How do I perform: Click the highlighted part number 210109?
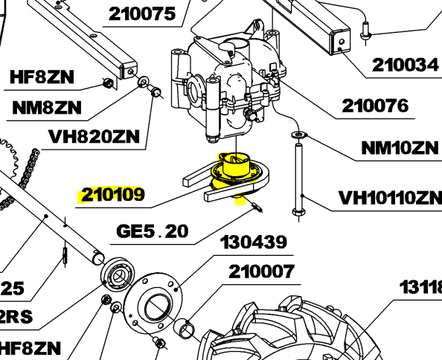[x=112, y=196]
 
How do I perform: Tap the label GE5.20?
[x=153, y=231]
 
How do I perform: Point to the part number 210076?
[x=375, y=106]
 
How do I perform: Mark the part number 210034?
[x=404, y=65]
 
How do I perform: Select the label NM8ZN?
[x=47, y=106]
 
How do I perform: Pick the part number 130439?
[x=254, y=242]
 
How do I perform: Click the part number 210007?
[x=261, y=272]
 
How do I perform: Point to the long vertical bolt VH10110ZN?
[x=299, y=179]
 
